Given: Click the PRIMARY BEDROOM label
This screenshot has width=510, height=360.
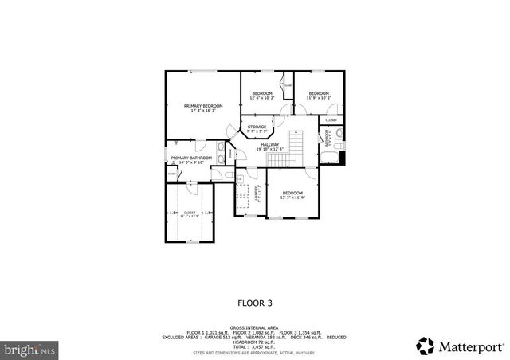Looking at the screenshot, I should (x=202, y=107).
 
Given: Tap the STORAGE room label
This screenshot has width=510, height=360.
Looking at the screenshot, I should (x=257, y=127).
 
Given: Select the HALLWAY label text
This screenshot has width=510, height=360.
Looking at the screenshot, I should (x=269, y=146).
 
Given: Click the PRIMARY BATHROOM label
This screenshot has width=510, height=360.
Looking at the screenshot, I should (x=191, y=159).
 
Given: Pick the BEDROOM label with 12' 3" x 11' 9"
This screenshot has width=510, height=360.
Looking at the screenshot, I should (x=292, y=194).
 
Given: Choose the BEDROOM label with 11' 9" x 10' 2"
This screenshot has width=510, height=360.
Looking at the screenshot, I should (x=319, y=95).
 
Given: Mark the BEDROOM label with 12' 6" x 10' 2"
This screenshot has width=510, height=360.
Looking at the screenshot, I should (x=262, y=95).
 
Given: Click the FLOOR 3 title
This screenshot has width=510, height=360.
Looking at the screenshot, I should (x=255, y=303).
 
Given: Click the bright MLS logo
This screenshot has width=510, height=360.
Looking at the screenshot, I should (x=30, y=348).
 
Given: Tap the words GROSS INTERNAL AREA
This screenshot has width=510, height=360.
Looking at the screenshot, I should (x=255, y=327).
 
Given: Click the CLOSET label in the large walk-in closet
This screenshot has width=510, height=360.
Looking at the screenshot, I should (x=190, y=213).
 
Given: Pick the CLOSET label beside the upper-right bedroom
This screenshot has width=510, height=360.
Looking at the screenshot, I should (x=331, y=121).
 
